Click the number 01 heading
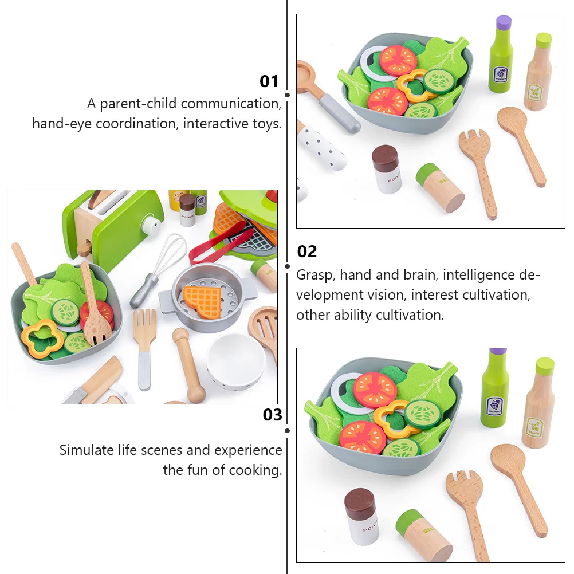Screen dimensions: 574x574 [x=269, y=81]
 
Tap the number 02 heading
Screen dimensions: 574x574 [x=307, y=252]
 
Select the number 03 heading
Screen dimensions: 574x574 [x=272, y=415]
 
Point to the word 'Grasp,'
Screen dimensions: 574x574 [x=316, y=275]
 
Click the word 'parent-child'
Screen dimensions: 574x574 [x=138, y=104]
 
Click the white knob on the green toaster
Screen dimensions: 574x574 [x=151, y=223]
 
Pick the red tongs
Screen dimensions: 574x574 [x=219, y=243]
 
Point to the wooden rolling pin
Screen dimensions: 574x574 [x=188, y=365]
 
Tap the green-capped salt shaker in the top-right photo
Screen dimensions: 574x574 [x=440, y=187]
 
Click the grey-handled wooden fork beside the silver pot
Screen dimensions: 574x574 [x=146, y=348]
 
